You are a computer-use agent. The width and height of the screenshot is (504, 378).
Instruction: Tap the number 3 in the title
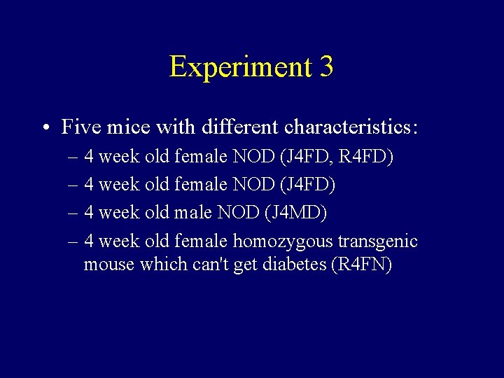click(x=325, y=67)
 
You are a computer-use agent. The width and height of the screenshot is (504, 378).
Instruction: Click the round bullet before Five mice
click(x=44, y=127)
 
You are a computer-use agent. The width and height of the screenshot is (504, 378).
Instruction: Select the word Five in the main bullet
click(x=79, y=127)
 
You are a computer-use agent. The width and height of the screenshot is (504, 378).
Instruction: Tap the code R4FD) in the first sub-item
click(x=366, y=156)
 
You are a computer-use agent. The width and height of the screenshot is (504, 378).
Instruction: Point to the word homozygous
click(x=283, y=241)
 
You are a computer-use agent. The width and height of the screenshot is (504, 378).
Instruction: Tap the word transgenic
click(x=378, y=241)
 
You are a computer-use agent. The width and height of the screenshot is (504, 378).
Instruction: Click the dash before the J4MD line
click(x=73, y=211)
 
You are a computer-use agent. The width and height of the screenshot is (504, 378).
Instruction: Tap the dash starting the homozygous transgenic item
click(x=73, y=241)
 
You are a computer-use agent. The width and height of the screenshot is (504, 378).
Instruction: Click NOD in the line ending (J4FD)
click(x=253, y=184)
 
